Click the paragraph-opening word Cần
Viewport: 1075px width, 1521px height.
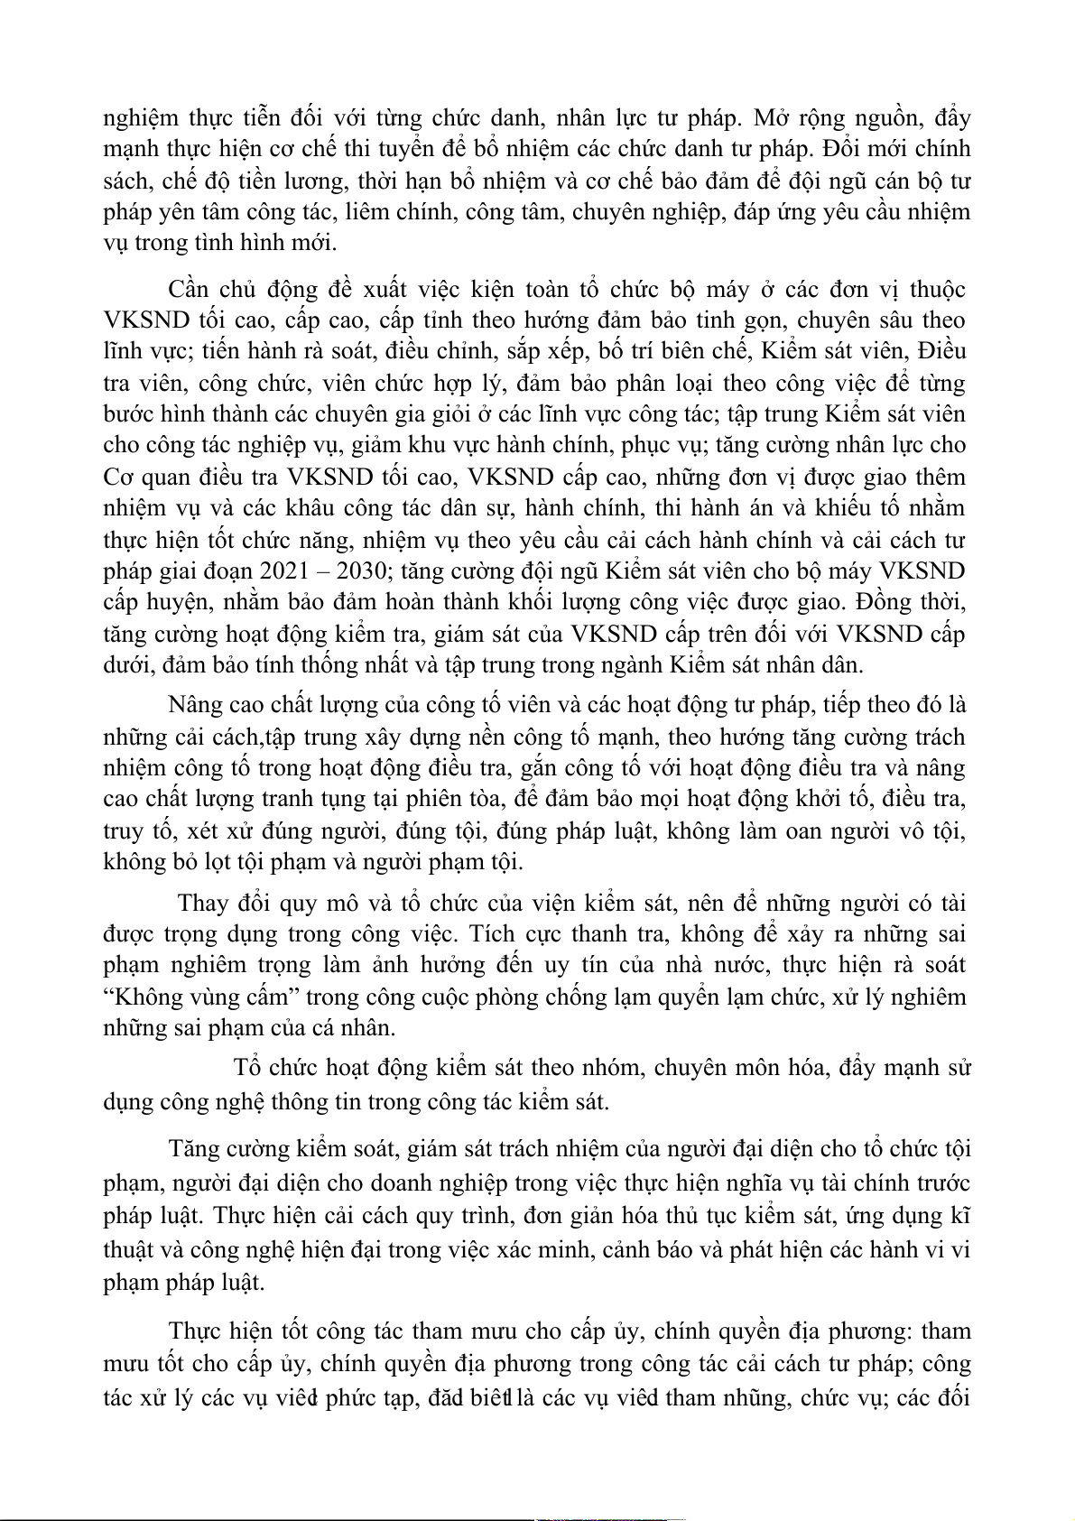(188, 289)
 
